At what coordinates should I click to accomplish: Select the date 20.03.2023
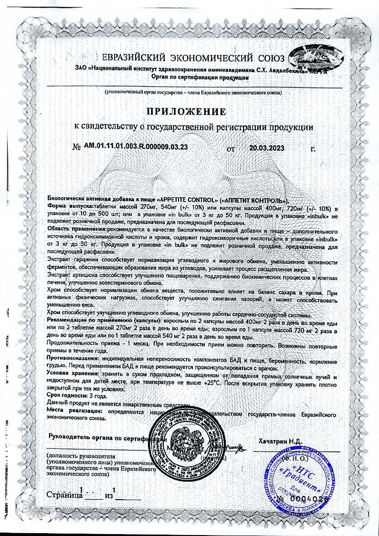point(267,148)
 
